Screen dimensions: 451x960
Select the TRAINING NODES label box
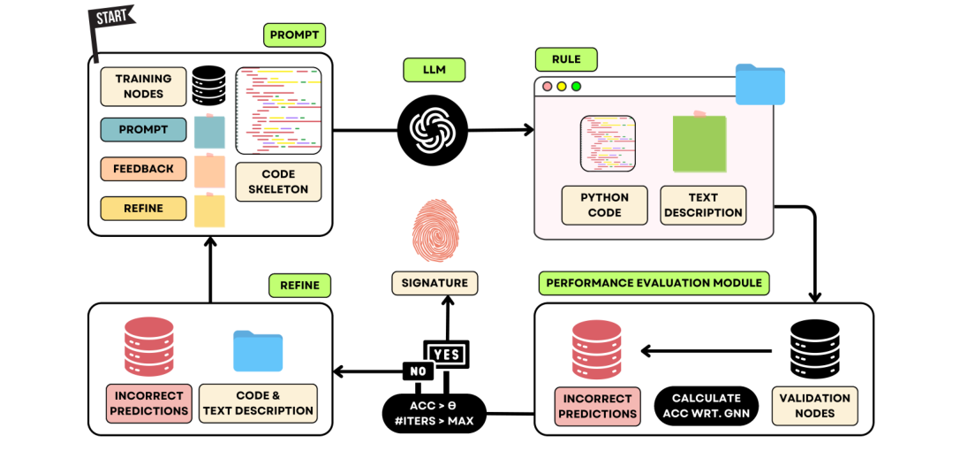(x=143, y=87)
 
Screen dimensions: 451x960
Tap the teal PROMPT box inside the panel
(x=143, y=129)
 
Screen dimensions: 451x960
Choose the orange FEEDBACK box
(x=143, y=168)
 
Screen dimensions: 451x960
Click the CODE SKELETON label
(x=278, y=181)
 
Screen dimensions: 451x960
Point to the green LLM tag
(x=435, y=69)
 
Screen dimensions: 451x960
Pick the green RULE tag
(x=567, y=60)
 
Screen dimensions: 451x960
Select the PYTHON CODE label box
(x=604, y=205)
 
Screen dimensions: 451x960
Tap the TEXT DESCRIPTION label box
(x=703, y=205)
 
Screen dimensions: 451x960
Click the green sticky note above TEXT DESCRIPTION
(x=699, y=143)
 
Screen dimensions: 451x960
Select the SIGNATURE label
(x=435, y=283)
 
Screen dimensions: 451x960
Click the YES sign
(x=447, y=354)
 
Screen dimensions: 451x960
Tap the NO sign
(x=418, y=371)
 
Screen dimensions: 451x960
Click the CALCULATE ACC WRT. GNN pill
(x=706, y=405)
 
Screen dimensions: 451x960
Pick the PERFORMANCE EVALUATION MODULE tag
(x=654, y=283)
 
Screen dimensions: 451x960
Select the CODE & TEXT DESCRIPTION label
(x=258, y=403)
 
